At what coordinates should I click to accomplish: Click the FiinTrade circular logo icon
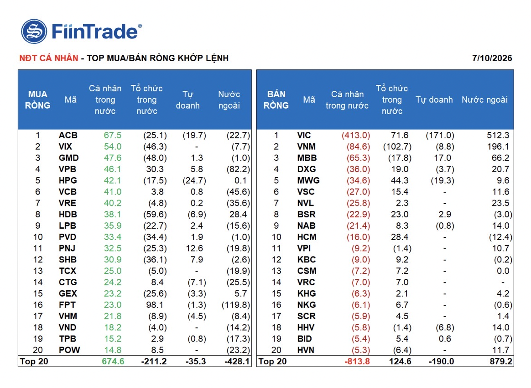pyautogui.click(x=34, y=31)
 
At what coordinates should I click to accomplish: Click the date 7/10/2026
pyautogui.click(x=492, y=58)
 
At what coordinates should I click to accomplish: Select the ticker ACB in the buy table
pyautogui.click(x=68, y=135)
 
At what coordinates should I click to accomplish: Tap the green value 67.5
pyautogui.click(x=112, y=135)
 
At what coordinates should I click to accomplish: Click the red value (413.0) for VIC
pyautogui.click(x=356, y=135)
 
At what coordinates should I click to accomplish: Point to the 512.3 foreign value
pyautogui.click(x=498, y=135)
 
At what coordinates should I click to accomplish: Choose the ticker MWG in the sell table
pyautogui.click(x=308, y=180)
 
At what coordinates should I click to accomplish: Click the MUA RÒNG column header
pyautogui.click(x=37, y=100)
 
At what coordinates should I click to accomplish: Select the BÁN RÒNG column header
pyautogui.click(x=276, y=100)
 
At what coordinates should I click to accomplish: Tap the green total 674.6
pyautogui.click(x=113, y=361)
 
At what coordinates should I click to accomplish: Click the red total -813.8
pyautogui.click(x=357, y=361)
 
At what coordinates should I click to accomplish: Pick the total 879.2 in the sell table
pyautogui.click(x=501, y=361)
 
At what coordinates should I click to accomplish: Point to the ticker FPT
pyautogui.click(x=67, y=304)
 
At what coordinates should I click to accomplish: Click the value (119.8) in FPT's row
pyautogui.click(x=236, y=304)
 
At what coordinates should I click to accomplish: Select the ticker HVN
pyautogui.click(x=306, y=350)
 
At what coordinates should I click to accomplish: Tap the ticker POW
pyautogui.click(x=69, y=350)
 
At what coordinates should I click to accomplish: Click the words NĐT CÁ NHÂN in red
pyautogui.click(x=49, y=58)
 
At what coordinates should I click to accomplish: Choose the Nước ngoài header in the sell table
pyautogui.click(x=484, y=100)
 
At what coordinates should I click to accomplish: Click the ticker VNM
pyautogui.click(x=306, y=147)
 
